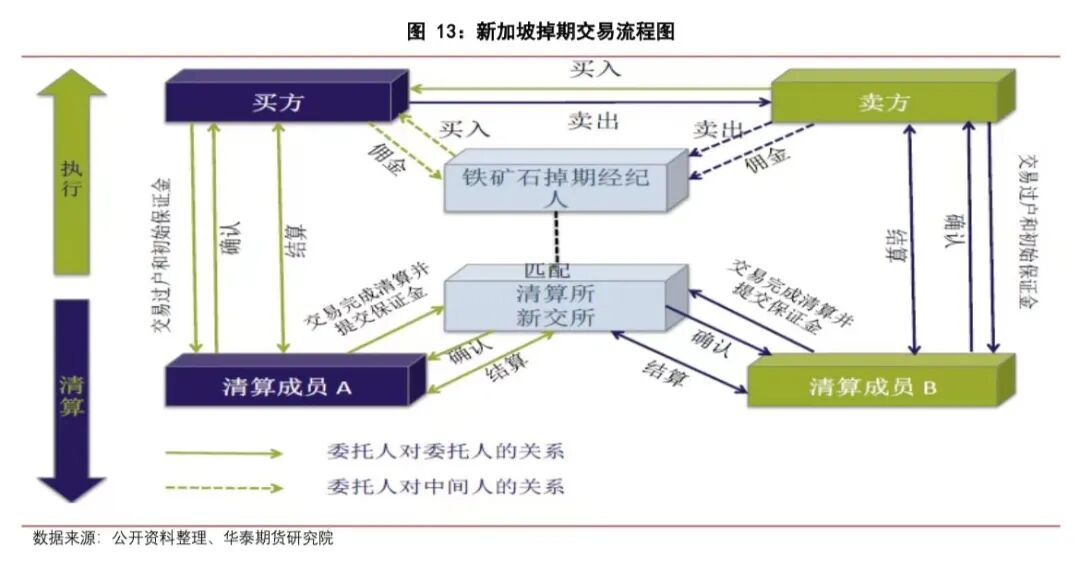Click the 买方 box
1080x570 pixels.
[x=277, y=101]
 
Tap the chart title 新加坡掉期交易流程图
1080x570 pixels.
[x=541, y=31]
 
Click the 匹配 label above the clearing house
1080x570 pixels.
[x=547, y=270]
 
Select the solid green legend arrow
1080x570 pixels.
[x=225, y=452]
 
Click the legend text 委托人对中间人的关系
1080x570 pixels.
[x=445, y=488]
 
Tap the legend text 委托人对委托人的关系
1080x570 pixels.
[x=445, y=451]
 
